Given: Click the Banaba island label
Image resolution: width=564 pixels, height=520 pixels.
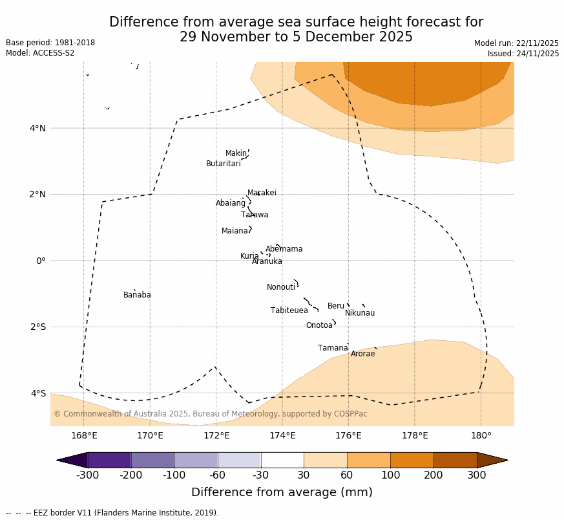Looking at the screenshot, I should tap(137, 296).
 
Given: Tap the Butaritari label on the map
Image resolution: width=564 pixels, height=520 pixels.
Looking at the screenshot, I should tap(223, 164).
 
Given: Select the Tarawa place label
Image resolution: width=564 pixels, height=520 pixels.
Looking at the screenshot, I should tap(255, 215).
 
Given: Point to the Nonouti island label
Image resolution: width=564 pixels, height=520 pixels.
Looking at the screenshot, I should tap(280, 288).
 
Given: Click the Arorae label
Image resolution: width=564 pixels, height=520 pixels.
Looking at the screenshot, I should tap(362, 354).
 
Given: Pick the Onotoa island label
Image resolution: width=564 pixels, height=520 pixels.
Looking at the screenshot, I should tap(319, 326).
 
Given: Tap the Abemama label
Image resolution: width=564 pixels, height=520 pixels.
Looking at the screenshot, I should tap(284, 250).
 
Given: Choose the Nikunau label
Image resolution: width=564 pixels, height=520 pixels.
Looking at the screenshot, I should tap(359, 314).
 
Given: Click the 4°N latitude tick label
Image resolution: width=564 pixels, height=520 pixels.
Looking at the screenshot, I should tap(37, 128).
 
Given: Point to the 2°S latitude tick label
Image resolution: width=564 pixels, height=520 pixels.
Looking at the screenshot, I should tap(37, 327).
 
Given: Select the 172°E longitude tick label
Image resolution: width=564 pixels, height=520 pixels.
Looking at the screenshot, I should tap(216, 436).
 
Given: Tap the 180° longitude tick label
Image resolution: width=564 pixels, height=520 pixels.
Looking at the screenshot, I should tap(481, 436).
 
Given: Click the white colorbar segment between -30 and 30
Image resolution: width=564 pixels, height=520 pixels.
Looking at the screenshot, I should tap(282, 460).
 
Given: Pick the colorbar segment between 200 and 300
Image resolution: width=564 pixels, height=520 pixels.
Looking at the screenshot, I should tap(455, 460).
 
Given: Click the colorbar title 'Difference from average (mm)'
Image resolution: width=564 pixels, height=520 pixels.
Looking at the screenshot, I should tap(282, 493).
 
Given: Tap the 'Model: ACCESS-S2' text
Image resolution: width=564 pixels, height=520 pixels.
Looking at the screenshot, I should tap(40, 53).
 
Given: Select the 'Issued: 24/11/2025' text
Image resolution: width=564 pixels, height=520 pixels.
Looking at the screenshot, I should tap(523, 54).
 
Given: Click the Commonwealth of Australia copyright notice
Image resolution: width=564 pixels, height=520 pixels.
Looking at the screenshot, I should tap(210, 415).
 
